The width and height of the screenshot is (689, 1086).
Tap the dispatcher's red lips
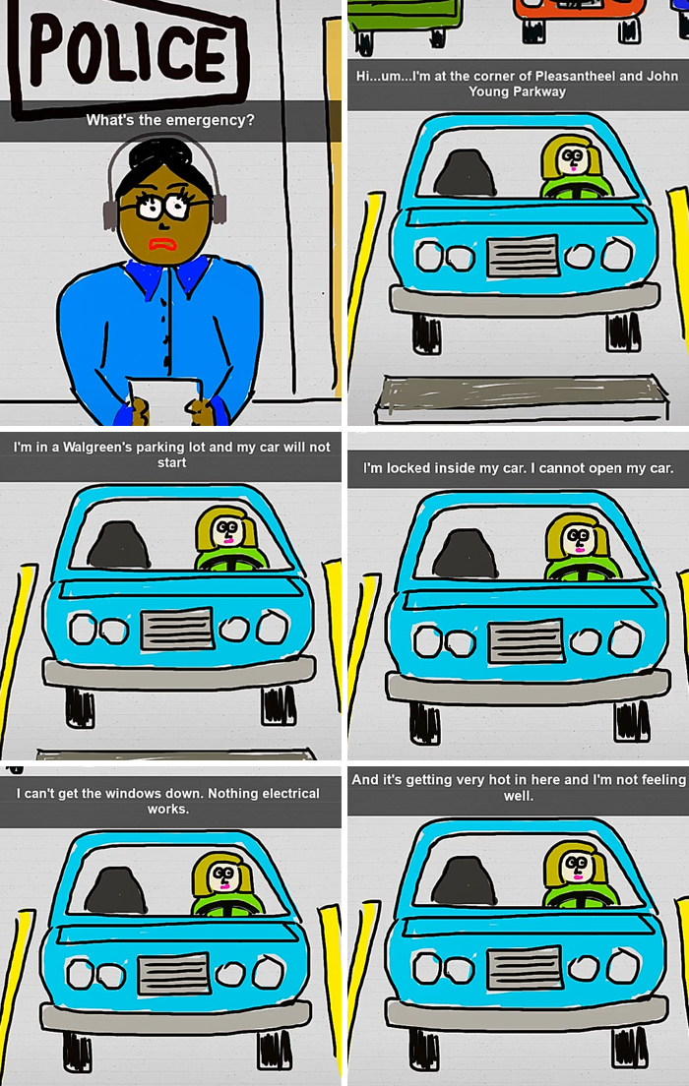pos(159,243)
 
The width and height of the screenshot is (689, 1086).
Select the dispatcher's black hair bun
pos(161,157)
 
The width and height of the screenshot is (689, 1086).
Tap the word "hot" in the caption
pos(518,780)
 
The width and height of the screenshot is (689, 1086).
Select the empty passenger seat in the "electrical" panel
pos(115,890)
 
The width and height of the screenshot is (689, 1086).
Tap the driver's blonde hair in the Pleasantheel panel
pos(555,148)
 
